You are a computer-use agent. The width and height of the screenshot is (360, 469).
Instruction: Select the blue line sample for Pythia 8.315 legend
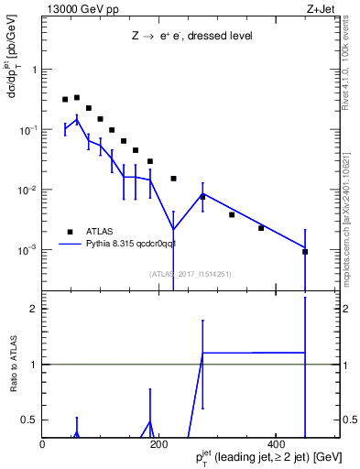pos(71,245)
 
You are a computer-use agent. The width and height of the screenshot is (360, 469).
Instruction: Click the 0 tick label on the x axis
pos(43,443)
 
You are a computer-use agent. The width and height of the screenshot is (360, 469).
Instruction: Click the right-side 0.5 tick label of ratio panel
pos(348,420)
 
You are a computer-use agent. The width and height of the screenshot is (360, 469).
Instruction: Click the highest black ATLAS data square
pos(77,97)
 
